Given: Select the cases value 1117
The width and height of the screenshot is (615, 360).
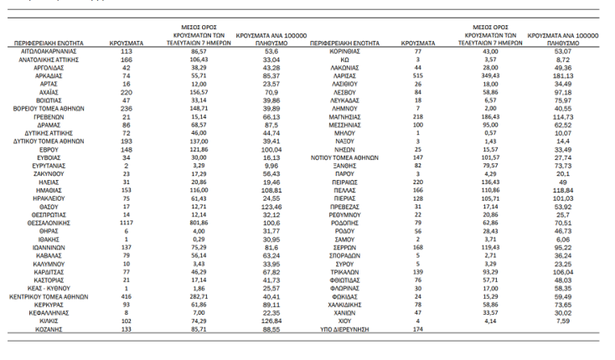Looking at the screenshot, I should coord(127,224).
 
